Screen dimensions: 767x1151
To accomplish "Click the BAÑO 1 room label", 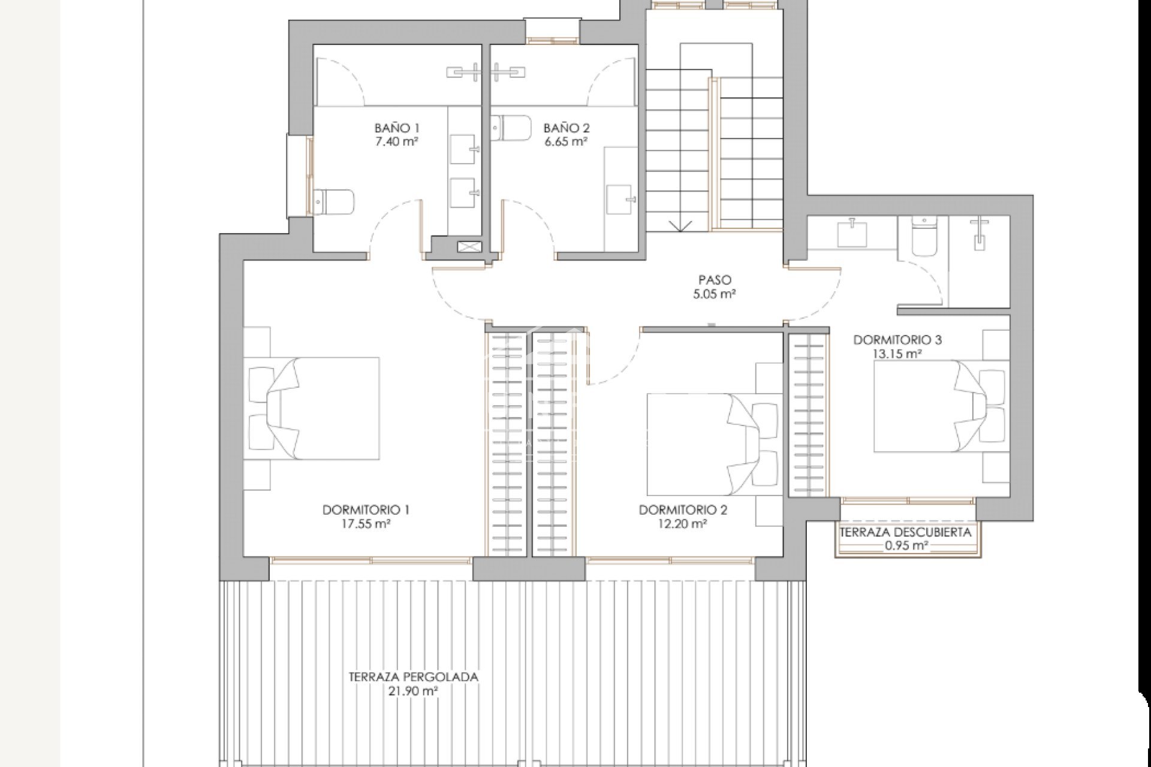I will (x=397, y=128).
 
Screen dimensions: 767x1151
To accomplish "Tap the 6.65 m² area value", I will (x=566, y=142).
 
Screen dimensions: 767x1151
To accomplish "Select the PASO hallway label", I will (x=715, y=280).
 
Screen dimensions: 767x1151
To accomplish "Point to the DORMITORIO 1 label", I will (x=366, y=510).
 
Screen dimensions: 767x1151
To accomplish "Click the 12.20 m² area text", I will (x=682, y=524).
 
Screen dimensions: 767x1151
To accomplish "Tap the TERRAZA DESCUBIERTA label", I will (x=905, y=532).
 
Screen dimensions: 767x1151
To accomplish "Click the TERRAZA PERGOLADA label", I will (x=414, y=677).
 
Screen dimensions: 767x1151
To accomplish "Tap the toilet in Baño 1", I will (x=333, y=202).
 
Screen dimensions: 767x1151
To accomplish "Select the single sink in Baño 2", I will (x=620, y=198).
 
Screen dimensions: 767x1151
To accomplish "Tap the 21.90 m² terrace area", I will (x=414, y=691).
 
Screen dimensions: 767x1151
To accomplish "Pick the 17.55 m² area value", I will (x=366, y=524).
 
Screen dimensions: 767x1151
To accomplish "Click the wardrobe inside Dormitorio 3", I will (x=809, y=415).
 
